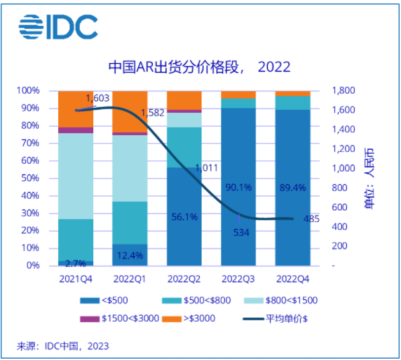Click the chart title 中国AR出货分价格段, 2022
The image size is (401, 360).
tap(199, 67)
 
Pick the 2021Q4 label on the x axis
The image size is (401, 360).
tap(76, 279)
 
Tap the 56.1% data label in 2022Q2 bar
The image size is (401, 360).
tap(184, 217)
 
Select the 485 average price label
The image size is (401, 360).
tap(311, 219)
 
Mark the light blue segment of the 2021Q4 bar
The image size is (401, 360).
tap(76, 175)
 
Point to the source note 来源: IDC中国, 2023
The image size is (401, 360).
tap(63, 346)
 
